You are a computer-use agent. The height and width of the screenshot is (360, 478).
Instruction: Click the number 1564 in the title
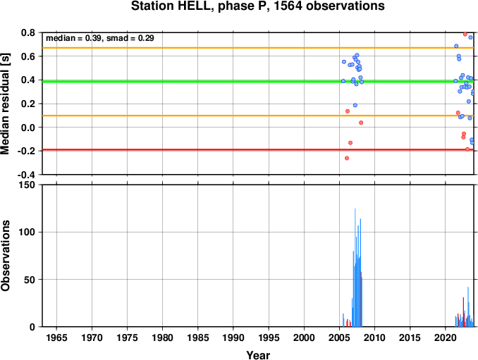288,6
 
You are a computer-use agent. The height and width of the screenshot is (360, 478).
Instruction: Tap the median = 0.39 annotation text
74,38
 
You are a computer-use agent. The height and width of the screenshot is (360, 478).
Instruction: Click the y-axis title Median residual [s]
5,104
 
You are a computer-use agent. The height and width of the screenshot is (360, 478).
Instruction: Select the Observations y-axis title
5,256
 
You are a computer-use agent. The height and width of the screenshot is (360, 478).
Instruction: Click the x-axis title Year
258,355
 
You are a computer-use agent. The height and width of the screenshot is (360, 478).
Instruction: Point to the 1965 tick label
56,337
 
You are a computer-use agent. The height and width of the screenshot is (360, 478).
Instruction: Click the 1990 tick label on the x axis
233,337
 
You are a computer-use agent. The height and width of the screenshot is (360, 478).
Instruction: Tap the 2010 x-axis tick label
374,337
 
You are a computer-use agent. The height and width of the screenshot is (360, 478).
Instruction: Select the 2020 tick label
446,337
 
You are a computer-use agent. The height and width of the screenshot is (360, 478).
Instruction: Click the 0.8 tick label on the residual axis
28,32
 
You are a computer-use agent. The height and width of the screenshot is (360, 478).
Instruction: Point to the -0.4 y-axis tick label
26,175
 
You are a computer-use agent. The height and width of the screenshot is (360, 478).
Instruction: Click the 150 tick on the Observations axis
27,185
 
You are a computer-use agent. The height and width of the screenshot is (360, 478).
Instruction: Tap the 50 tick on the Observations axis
30,280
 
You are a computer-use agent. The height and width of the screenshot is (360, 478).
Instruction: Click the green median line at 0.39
258,82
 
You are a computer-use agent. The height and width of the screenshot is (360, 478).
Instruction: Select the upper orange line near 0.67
258,48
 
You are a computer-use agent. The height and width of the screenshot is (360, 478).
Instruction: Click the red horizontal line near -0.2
258,149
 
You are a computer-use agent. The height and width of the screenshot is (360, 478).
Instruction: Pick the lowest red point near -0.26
347,158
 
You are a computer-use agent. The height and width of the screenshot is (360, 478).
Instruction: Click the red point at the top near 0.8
465,34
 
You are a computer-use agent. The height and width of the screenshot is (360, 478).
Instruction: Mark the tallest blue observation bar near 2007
355,268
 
